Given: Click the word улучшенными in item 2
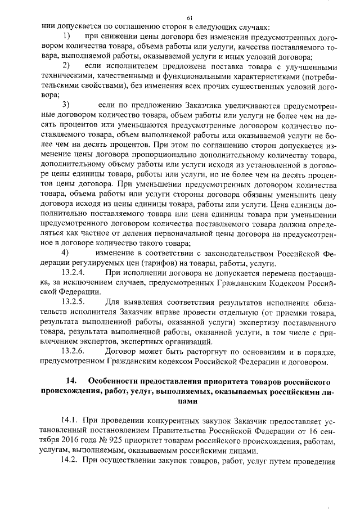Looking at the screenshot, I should tap(312, 66).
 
